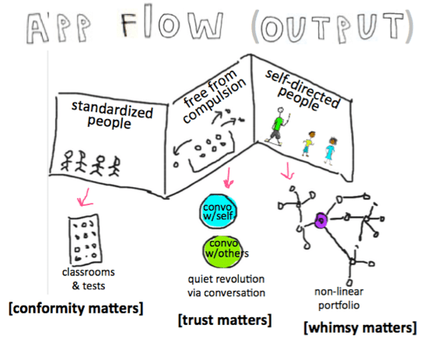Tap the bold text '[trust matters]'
pyautogui.click(x=225, y=320)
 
